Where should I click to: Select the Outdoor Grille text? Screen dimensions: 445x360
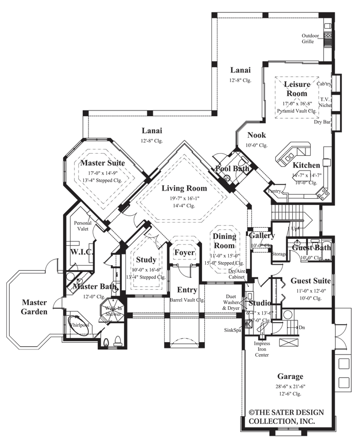click(311, 39)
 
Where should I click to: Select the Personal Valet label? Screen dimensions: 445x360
click(83, 227)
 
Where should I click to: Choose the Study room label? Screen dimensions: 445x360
click(146, 259)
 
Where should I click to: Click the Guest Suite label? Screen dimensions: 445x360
click(311, 281)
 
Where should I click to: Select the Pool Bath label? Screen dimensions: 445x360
click(232, 169)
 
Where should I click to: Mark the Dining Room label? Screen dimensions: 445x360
click(225, 242)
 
